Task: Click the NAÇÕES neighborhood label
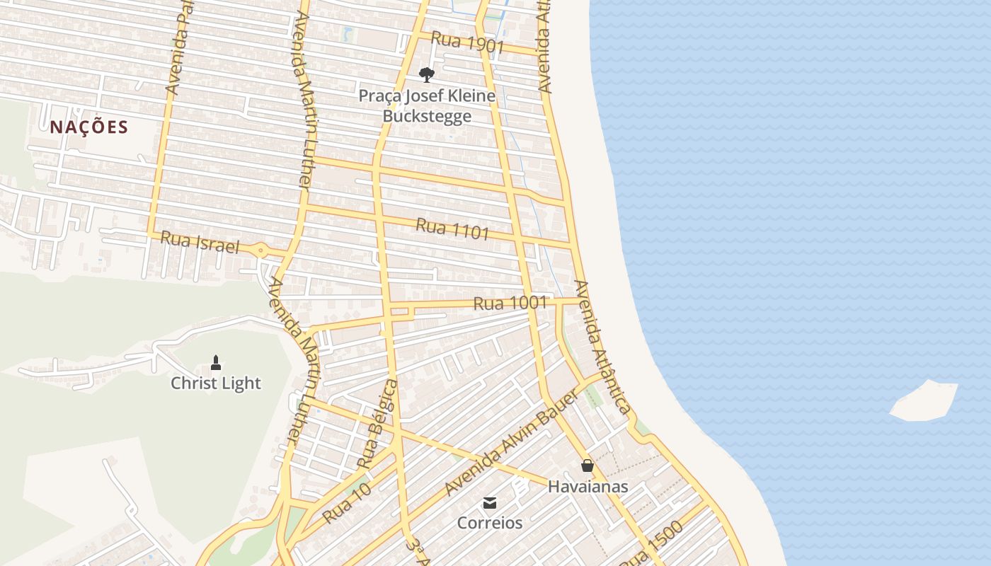pyautogui.click(x=88, y=127)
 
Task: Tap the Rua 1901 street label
pyautogui.click(x=467, y=43)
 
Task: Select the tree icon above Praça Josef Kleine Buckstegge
pyautogui.click(x=426, y=74)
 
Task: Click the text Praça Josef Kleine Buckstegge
pyautogui.click(x=427, y=105)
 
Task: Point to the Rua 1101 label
pyautogui.click(x=452, y=229)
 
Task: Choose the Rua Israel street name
pyautogui.click(x=200, y=243)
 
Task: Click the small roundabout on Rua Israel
pyautogui.click(x=260, y=250)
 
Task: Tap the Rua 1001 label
pyautogui.click(x=510, y=304)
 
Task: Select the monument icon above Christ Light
pyautogui.click(x=216, y=364)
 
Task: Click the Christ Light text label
pyautogui.click(x=216, y=383)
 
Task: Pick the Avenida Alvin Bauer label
pyautogui.click(x=511, y=442)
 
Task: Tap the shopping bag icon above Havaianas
pyautogui.click(x=587, y=466)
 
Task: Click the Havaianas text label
pyautogui.click(x=588, y=487)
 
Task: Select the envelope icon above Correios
pyautogui.click(x=489, y=503)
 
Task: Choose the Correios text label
pyautogui.click(x=489, y=524)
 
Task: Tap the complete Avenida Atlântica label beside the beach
pyautogui.click(x=602, y=347)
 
